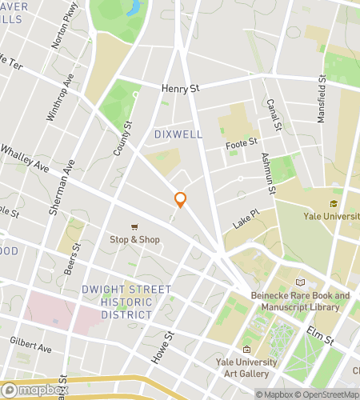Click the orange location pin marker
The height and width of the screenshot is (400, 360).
point(181,200)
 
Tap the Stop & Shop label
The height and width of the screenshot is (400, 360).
point(135,239)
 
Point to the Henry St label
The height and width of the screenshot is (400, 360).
point(179,90)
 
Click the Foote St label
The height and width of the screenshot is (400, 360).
point(242,142)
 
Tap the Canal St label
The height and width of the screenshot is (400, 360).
point(274,117)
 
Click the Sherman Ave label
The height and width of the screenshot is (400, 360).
point(63,188)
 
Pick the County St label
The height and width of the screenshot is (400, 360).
point(122,136)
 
